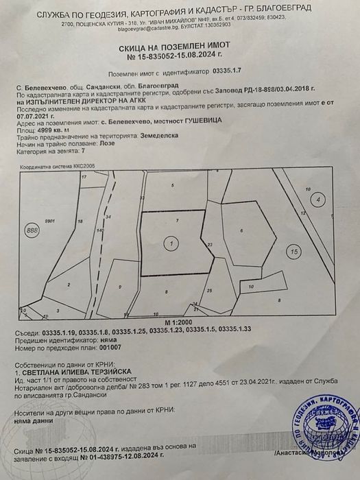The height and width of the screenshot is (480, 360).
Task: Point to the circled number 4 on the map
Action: (317, 200)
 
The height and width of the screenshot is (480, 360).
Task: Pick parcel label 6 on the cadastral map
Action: (242, 231)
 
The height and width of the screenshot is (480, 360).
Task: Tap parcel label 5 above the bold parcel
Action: (173, 186)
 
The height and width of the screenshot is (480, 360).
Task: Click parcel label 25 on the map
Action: (210, 290)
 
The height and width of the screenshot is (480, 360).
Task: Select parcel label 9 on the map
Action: (120, 286)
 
